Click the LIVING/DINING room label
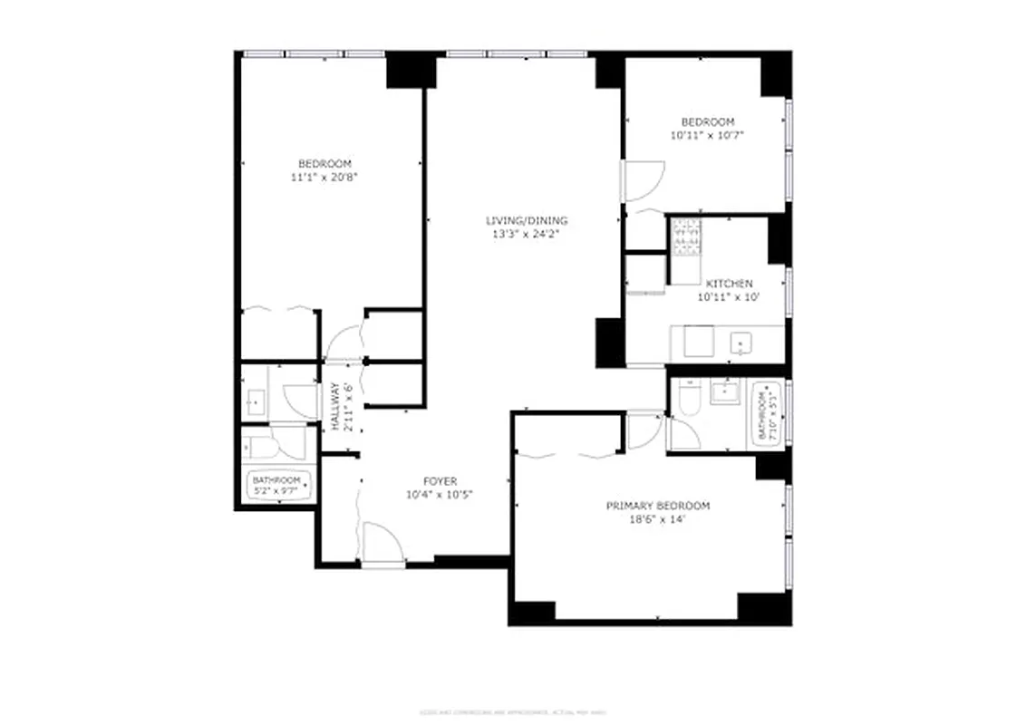pyautogui.click(x=527, y=220)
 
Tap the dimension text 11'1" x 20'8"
pyautogui.click(x=324, y=178)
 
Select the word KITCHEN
pyautogui.click(x=729, y=284)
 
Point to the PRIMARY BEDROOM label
pyautogui.click(x=657, y=506)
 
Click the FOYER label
pyautogui.click(x=440, y=481)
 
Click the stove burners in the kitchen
pyautogui.click(x=686, y=237)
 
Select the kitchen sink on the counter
pyautogui.click(x=740, y=343)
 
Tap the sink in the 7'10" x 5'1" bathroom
pyautogui.click(x=724, y=392)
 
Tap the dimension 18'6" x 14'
pyautogui.click(x=657, y=519)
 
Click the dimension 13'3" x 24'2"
pyautogui.click(x=527, y=234)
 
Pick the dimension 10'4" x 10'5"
pyautogui.click(x=440, y=495)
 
